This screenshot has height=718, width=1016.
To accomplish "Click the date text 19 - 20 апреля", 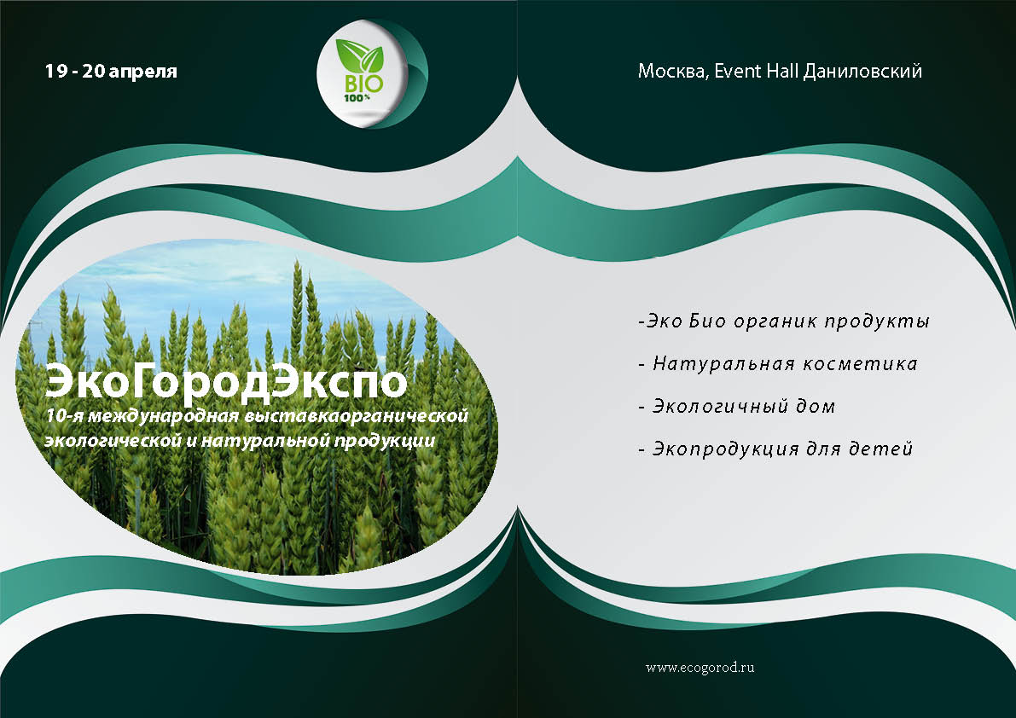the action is click(111, 71).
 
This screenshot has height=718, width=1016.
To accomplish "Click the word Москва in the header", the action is click(672, 72).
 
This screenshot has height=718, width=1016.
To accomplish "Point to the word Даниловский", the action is click(862, 72).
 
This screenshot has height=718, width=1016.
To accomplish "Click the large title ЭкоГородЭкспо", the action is click(225, 381).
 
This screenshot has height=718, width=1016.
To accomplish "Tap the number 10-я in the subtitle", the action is click(63, 415).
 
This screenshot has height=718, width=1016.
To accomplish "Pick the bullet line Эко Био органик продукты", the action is click(784, 321).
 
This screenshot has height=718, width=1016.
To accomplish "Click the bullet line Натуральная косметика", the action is click(777, 364).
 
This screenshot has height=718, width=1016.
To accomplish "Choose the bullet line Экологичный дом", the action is click(737, 407).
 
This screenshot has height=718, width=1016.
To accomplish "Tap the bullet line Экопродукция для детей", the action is click(775, 449).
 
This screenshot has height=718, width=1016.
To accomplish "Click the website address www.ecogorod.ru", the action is click(700, 668).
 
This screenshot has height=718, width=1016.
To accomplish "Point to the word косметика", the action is click(861, 364).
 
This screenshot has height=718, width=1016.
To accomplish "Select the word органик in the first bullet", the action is click(775, 321).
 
